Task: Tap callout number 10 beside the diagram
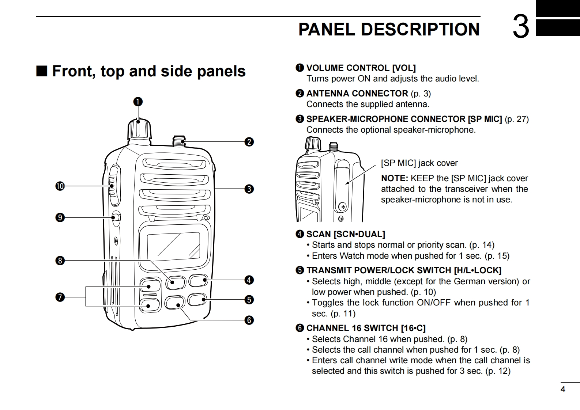[x=60, y=186]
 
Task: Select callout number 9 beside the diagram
[x=60, y=218]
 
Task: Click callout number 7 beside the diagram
[x=60, y=297]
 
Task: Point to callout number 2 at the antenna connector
[x=249, y=142]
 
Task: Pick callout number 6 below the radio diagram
[x=249, y=320]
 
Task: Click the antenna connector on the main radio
[x=178, y=141]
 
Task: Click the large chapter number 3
[x=521, y=27]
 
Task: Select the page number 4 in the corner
[x=563, y=390]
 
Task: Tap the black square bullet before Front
[x=42, y=71]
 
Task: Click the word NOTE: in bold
[x=394, y=178]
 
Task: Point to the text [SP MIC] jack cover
[x=419, y=163]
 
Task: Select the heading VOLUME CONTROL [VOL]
[x=361, y=68]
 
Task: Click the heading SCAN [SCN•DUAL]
[x=346, y=234]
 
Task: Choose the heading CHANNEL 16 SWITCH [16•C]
[x=366, y=328]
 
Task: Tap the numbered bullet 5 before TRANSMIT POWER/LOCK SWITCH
[x=300, y=270]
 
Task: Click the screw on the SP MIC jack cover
[x=343, y=207]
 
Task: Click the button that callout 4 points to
[x=198, y=281]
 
